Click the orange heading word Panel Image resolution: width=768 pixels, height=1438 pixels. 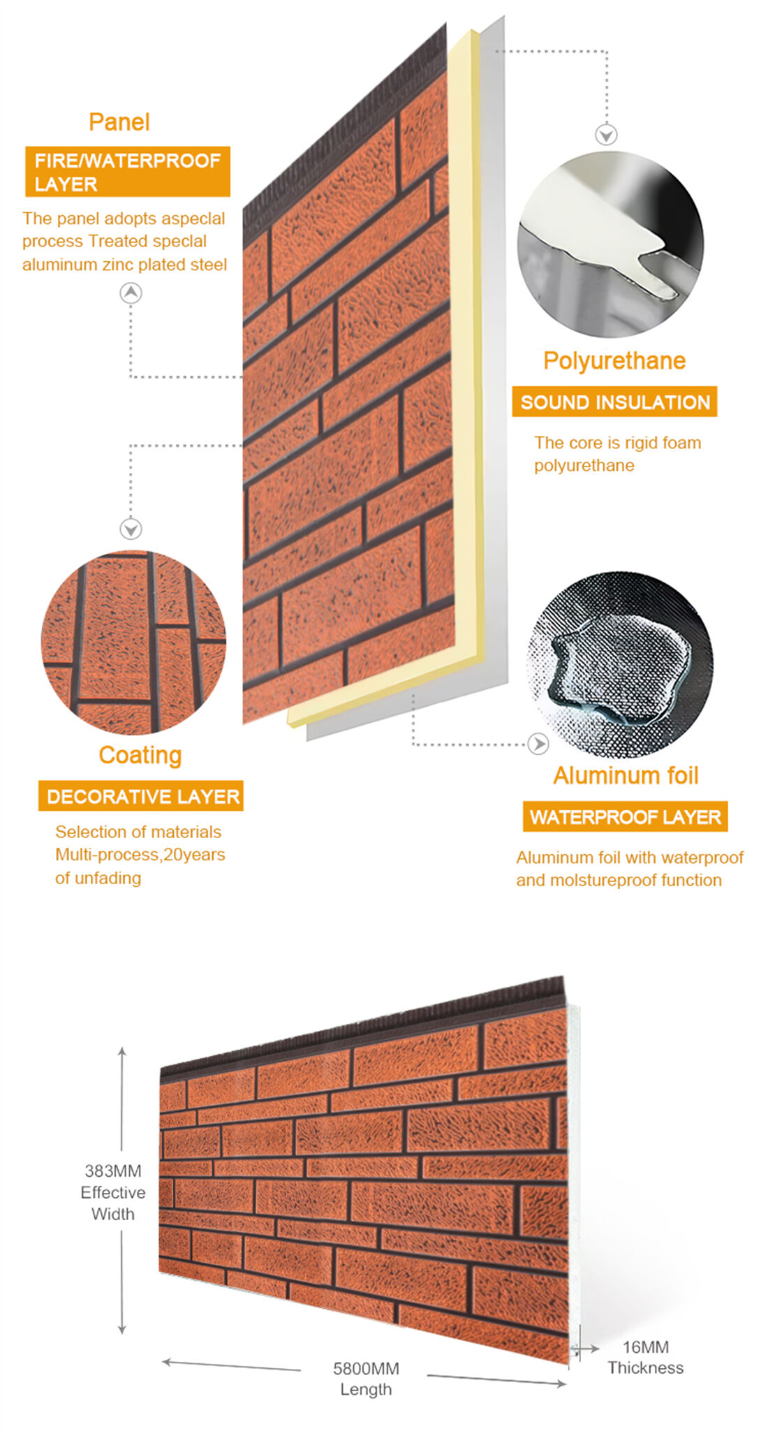(119, 122)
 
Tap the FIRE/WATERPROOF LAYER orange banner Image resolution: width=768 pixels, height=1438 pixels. (128, 172)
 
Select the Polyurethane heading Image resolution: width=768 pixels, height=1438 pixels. (614, 361)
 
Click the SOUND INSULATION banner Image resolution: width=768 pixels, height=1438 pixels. (614, 402)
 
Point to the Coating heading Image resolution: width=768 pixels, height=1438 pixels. (140, 755)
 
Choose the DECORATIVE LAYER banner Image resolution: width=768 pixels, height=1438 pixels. (141, 796)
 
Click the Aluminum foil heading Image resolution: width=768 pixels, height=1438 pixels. (626, 776)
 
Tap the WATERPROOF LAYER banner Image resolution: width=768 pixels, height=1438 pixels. (626, 817)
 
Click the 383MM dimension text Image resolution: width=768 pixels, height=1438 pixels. (113, 1171)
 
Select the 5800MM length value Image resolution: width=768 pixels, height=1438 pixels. (366, 1368)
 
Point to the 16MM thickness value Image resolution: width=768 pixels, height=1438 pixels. (645, 1347)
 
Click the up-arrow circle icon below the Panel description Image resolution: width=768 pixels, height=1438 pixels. (131, 293)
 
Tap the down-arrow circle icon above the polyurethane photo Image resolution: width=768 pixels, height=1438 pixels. (606, 135)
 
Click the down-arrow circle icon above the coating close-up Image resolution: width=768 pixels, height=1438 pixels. (131, 529)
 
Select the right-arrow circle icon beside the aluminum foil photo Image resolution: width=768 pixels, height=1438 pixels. (538, 744)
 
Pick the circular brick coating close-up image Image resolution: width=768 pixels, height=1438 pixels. (133, 643)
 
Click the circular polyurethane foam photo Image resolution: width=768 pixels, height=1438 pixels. (611, 244)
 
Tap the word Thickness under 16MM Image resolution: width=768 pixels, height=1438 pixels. (645, 1368)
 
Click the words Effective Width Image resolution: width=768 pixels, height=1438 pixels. (113, 1203)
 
